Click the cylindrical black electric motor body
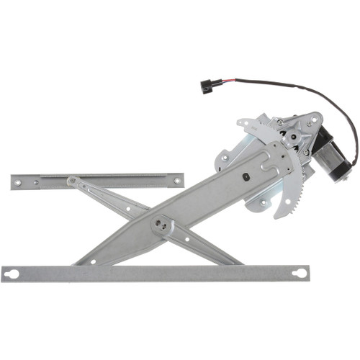tap(331, 153)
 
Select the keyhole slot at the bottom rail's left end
tap(12, 274)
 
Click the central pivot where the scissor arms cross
tap(163, 226)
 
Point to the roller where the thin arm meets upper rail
tap(72, 181)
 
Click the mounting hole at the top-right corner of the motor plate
tap(310, 123)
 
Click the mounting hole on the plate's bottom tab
tap(256, 203)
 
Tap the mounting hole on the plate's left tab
tap(225, 158)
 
